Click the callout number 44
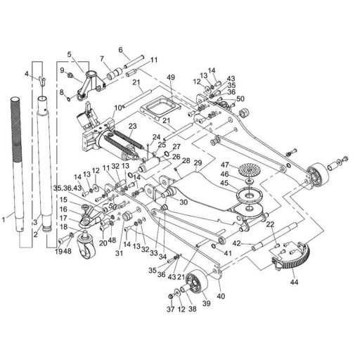[x=294, y=282]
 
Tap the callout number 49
[x=172, y=77]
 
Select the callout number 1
[x=4, y=220]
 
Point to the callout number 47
[x=225, y=165]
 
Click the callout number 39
[x=207, y=303]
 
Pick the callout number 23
[x=132, y=126]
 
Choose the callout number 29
[x=198, y=162]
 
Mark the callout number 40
[x=221, y=296]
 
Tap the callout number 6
[x=121, y=50]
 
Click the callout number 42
[x=237, y=243]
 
